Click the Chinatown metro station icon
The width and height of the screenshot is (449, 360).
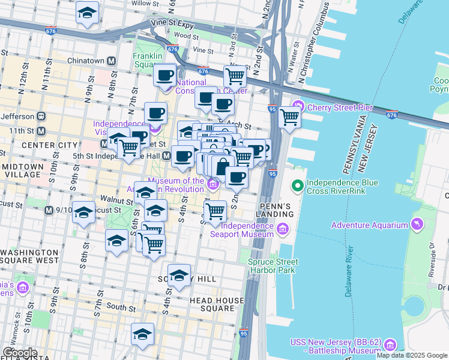[x=111, y=61]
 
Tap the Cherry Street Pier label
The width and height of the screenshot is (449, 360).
[x=340, y=108]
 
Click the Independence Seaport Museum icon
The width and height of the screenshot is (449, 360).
[x=282, y=229]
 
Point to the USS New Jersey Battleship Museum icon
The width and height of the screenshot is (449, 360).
[x=390, y=345]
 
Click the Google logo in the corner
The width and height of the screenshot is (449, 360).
[x=19, y=353]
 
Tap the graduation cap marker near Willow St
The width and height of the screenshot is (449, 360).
[x=88, y=13]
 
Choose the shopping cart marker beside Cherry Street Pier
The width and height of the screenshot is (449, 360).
[x=289, y=116]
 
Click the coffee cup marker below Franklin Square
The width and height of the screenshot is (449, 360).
[x=164, y=76]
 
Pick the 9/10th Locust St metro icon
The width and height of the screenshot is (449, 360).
[x=49, y=211]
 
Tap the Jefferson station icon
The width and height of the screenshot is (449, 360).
[x=41, y=116]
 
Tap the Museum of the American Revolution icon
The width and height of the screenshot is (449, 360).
[x=212, y=184]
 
